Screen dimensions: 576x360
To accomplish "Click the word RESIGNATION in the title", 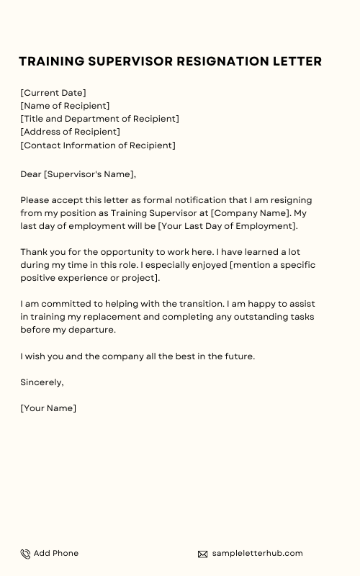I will click(225, 62).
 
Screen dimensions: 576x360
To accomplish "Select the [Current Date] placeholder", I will click(53, 93).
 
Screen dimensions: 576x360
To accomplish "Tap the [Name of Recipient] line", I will click(66, 106).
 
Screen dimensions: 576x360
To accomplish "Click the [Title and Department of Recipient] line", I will click(100, 119).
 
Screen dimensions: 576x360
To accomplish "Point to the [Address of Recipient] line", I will click(71, 132).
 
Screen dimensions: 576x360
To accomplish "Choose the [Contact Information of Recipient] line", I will click(98, 145).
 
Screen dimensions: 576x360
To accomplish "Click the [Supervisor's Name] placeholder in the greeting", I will click(89, 174).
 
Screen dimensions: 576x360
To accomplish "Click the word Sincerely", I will click(42, 382).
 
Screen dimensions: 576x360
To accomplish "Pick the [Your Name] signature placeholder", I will click(48, 408).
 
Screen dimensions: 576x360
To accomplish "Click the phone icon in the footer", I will click(25, 554).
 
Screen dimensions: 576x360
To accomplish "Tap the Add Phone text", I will click(56, 553).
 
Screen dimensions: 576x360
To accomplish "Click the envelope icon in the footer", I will click(202, 554).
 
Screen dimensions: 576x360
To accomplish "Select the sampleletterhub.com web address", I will click(257, 553).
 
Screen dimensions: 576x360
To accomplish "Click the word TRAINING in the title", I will click(50, 62).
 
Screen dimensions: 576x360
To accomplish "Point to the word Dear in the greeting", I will click(31, 174).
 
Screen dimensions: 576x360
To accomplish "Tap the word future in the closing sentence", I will click(238, 356).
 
